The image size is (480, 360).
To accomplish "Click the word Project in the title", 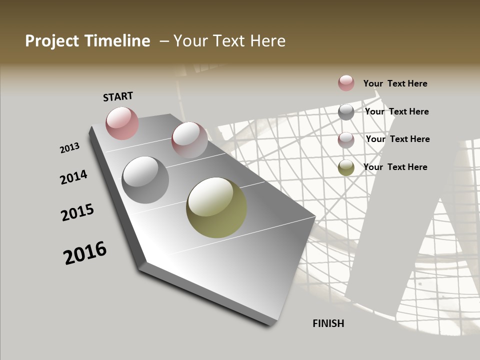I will pyautogui.click(x=51, y=41).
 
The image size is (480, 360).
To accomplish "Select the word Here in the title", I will pyautogui.click(x=267, y=41).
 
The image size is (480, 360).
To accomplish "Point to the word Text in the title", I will pyautogui.click(x=228, y=41).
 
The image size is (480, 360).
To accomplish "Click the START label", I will pyautogui.click(x=118, y=96).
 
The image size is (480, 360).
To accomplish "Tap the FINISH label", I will pyautogui.click(x=328, y=323).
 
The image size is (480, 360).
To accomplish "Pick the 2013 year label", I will pyautogui.click(x=69, y=148).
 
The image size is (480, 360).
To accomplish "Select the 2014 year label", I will pyautogui.click(x=73, y=177).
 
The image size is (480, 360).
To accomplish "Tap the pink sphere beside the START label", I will pyautogui.click(x=122, y=123).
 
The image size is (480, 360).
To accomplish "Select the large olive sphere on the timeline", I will pyautogui.click(x=216, y=207).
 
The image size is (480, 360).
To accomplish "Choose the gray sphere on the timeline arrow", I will pyautogui.click(x=145, y=180).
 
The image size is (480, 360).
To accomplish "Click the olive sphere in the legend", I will pyautogui.click(x=346, y=167).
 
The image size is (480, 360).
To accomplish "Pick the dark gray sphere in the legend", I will pyautogui.click(x=346, y=112).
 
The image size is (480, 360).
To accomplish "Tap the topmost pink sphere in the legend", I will pyautogui.click(x=346, y=83).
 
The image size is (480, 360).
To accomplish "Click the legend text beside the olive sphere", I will pyautogui.click(x=395, y=167).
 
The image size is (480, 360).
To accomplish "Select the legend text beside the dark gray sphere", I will pyautogui.click(x=396, y=111).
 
